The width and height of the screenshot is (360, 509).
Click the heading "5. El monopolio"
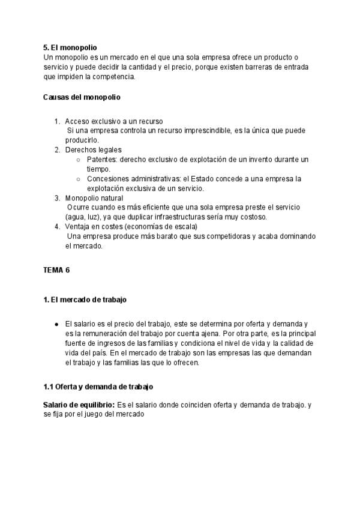(70, 47)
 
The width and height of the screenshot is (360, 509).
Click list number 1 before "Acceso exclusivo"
(57, 121)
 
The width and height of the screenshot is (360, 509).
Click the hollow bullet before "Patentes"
(79, 160)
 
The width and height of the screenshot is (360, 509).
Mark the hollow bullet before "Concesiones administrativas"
(79, 179)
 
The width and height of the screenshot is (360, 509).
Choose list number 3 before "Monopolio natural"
(57, 197)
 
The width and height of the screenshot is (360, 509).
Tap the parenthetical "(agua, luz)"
(85, 217)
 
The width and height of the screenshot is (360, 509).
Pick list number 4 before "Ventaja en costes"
(57, 226)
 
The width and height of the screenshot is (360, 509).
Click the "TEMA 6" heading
(57, 270)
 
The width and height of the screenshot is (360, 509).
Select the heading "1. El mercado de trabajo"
(85, 299)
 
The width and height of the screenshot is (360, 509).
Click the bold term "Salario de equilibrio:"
(79, 405)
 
